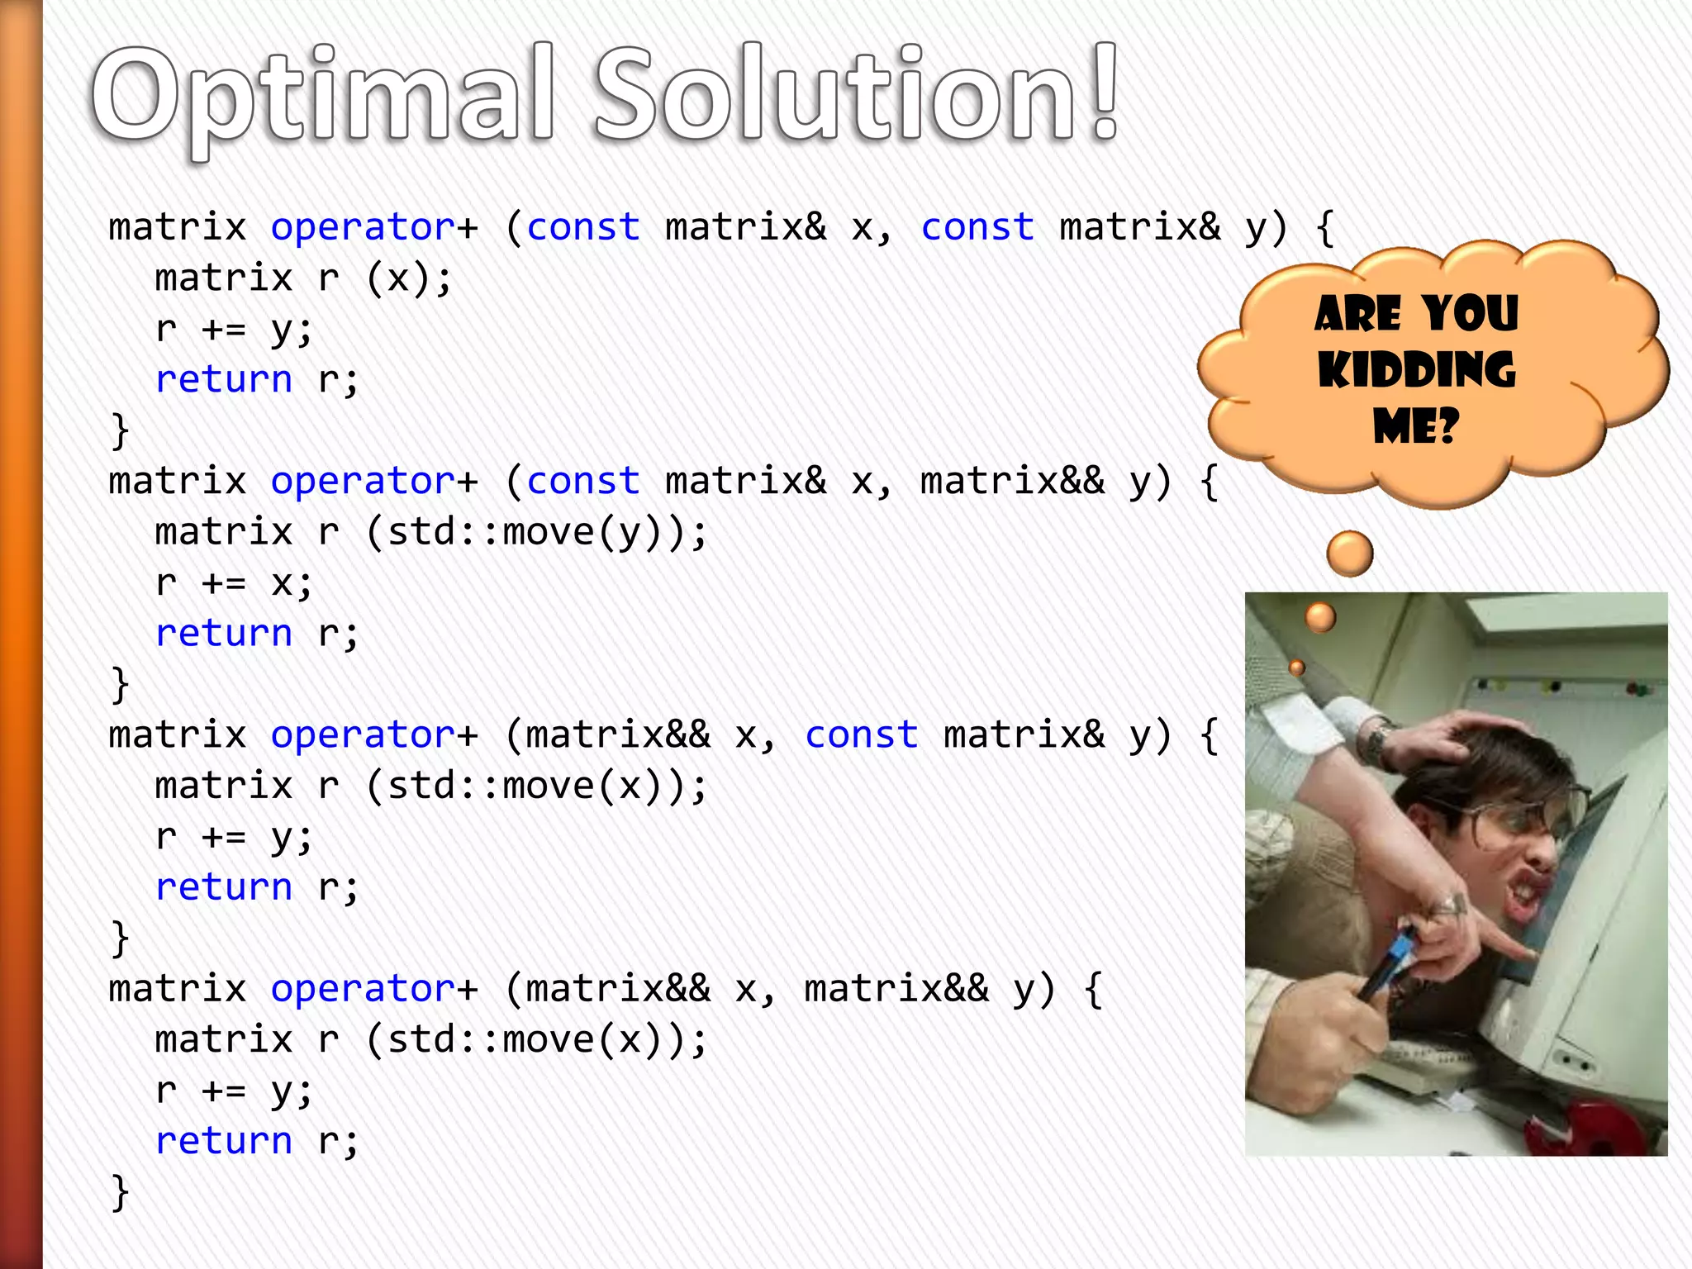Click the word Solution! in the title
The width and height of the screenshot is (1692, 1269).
pos(855,95)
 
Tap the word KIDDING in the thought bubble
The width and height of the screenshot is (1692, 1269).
pos(1416,370)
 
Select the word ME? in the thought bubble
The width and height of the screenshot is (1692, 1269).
pos(1416,426)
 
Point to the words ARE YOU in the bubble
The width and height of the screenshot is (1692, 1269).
pos(1416,314)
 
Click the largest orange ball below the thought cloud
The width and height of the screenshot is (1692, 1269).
pos(1349,554)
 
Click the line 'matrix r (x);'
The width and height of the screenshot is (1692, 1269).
pos(303,278)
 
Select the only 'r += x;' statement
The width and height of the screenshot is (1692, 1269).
pos(234,582)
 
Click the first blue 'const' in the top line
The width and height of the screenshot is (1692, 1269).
pos(583,227)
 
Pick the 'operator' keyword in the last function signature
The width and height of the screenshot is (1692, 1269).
pos(363,988)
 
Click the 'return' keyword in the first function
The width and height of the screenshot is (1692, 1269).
pos(224,380)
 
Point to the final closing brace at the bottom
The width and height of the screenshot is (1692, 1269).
pos(121,1192)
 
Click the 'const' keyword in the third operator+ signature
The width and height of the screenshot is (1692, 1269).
pos(861,734)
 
